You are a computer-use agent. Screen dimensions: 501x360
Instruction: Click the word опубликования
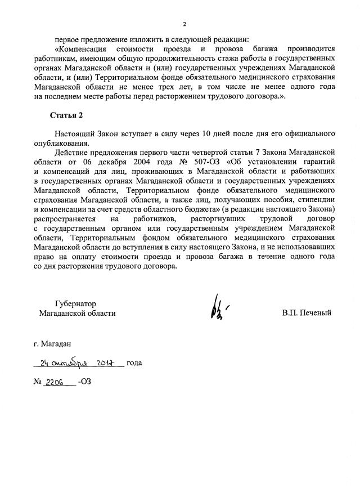57,144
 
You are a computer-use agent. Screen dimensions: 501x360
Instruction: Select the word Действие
72,153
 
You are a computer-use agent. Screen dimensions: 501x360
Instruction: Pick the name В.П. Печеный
307,313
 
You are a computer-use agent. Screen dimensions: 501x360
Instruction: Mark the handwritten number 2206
56,381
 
